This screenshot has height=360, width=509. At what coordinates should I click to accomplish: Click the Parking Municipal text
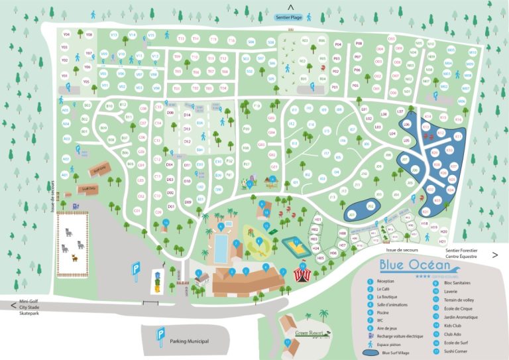pos(188,341)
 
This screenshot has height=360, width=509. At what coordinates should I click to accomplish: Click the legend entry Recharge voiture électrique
pos(405,327)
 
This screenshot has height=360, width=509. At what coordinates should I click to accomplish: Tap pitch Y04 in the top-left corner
pos(66,34)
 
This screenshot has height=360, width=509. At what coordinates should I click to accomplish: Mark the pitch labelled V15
pos(151,34)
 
